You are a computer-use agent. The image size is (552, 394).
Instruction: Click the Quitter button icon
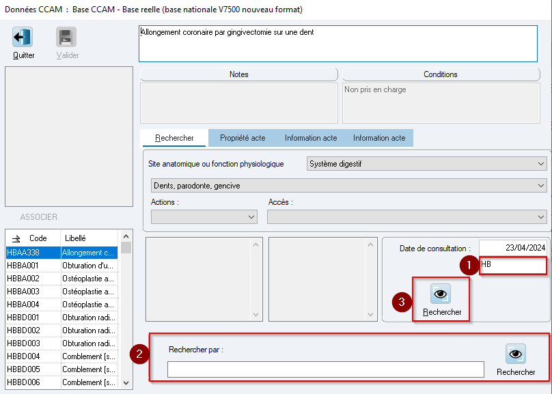[x=23, y=37]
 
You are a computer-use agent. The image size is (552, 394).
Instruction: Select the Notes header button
[x=239, y=74]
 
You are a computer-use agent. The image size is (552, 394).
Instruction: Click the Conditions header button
[x=441, y=74]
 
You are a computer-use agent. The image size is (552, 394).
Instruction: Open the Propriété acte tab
[x=243, y=138]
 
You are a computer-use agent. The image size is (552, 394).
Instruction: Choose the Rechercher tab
[x=174, y=138]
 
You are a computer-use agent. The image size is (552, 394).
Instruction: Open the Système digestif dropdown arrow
[x=541, y=164]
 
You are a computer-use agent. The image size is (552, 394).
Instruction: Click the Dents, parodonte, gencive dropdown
[x=349, y=185]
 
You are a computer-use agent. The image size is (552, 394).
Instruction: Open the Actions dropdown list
[x=204, y=216]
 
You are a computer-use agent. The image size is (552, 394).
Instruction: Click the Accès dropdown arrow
[x=541, y=216]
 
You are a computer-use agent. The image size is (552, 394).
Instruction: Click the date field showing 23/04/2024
[x=512, y=248]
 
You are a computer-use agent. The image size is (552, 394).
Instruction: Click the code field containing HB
[x=513, y=265]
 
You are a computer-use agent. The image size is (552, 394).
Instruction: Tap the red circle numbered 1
[x=469, y=265]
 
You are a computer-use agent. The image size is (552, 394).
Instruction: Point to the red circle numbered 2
[x=139, y=354]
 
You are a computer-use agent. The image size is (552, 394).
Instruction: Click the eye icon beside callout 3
[x=441, y=294]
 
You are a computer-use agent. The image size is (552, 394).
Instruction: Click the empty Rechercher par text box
[x=326, y=369]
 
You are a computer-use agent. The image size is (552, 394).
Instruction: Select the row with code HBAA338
[x=61, y=253]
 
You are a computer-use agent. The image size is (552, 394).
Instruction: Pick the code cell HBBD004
[x=23, y=356]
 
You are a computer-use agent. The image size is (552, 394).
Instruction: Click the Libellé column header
[x=75, y=238]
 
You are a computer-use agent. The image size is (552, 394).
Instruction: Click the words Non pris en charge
[x=375, y=89]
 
